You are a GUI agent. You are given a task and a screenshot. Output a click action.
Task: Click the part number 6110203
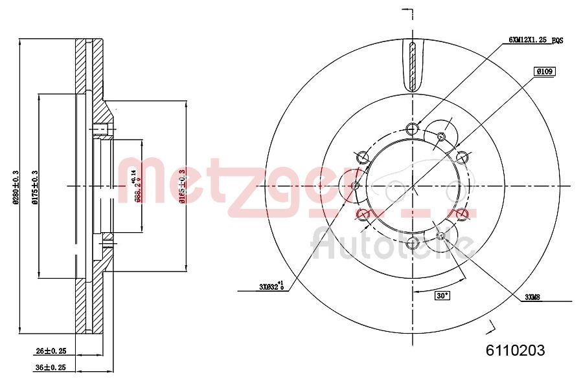click(x=515, y=350)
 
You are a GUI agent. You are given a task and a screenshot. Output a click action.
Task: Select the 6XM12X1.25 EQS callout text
click(x=535, y=40)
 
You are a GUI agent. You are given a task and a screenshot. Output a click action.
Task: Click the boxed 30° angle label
click(x=442, y=296)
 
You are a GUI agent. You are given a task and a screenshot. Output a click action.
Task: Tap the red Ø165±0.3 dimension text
click(x=183, y=186)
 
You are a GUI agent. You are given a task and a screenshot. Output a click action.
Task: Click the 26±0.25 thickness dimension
click(x=51, y=351)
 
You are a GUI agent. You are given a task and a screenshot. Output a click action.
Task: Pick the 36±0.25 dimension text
click(x=51, y=368)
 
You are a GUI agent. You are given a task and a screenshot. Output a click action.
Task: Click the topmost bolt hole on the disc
click(x=413, y=127)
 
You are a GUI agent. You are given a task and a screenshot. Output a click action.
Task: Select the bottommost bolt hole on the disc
click(x=413, y=244)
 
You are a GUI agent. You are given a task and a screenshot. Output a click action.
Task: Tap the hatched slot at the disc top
click(x=413, y=67)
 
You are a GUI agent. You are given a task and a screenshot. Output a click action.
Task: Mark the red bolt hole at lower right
click(x=463, y=214)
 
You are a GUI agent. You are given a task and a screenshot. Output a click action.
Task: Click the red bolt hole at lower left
click(x=363, y=214)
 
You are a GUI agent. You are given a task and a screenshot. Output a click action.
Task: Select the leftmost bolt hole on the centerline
click(x=354, y=186)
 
